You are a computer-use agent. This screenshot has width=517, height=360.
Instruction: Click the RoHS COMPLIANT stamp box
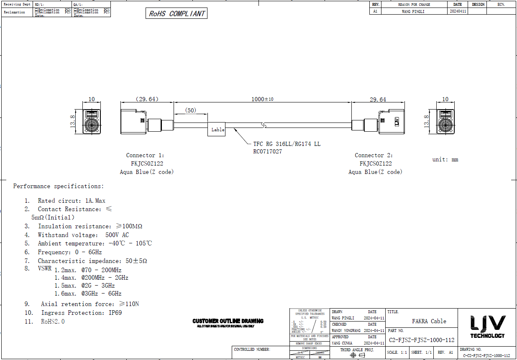click(177, 13)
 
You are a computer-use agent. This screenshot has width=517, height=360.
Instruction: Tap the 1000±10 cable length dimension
click(262, 99)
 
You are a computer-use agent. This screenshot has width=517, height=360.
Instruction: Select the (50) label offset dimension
click(191, 110)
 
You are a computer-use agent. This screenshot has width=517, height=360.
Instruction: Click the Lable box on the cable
click(218, 130)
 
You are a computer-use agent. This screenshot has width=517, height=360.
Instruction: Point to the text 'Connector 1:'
click(145, 155)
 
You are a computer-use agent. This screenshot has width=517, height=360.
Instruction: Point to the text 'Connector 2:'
click(374, 155)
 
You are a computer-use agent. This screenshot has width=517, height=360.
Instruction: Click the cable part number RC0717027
click(268, 151)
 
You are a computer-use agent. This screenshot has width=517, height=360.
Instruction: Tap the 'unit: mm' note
click(445, 159)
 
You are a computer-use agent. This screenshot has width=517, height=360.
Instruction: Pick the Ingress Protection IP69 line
click(81, 313)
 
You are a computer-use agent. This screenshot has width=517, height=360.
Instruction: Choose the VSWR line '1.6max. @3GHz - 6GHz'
click(88, 294)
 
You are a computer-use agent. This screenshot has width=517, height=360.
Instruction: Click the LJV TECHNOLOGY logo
click(487, 326)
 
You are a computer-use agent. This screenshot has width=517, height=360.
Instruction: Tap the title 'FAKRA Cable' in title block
click(429, 321)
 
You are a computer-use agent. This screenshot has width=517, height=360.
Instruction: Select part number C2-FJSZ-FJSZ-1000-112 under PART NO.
click(421, 340)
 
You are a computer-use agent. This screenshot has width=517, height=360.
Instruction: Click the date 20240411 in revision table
click(457, 12)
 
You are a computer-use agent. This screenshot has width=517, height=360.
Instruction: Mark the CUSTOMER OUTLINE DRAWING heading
click(228, 321)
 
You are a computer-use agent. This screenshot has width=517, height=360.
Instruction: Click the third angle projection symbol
click(357, 355)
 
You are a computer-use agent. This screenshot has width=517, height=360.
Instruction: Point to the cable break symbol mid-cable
click(263, 125)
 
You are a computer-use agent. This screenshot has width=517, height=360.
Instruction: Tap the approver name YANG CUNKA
click(342, 343)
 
